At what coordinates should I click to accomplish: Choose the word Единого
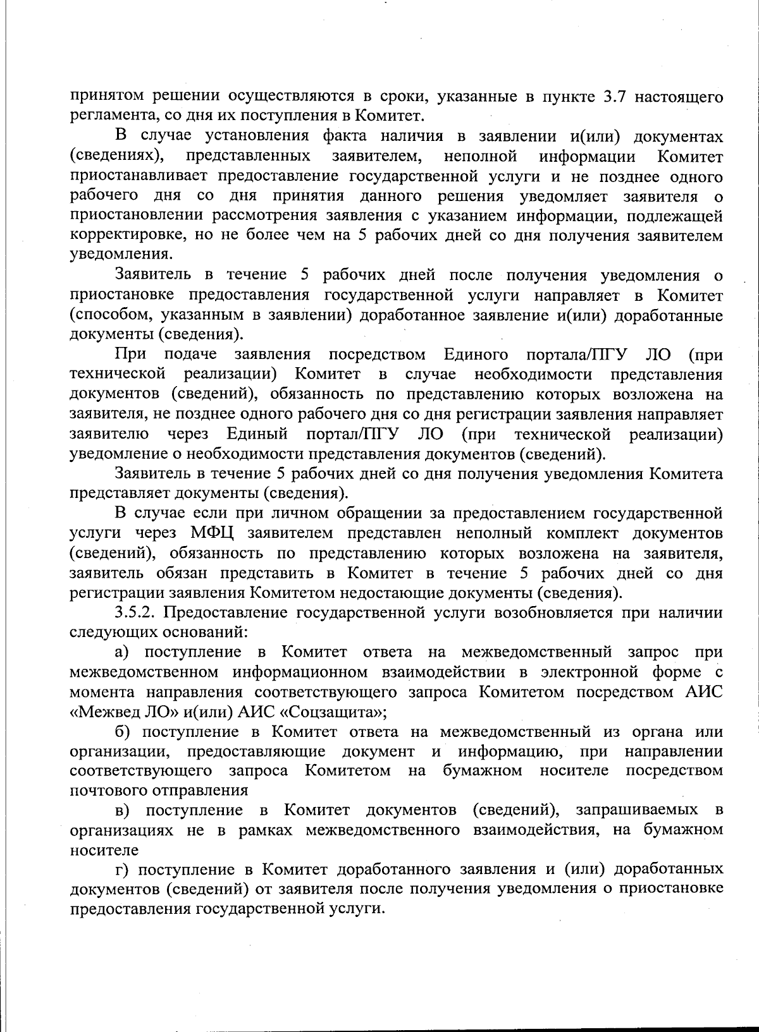click(x=476, y=354)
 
